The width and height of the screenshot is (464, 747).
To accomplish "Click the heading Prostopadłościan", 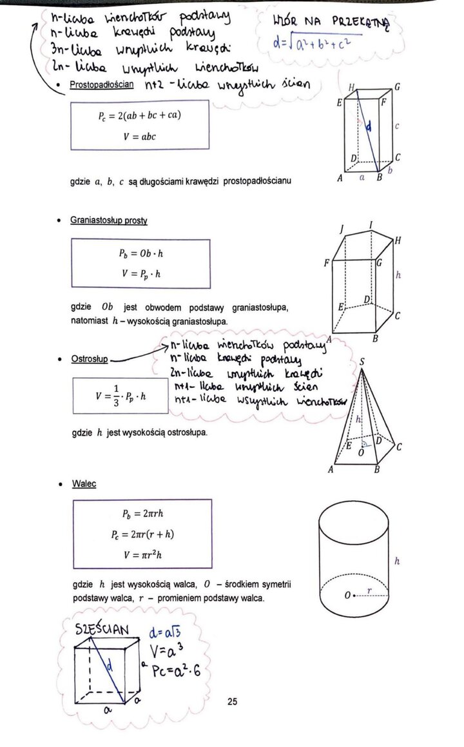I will tap(102, 84).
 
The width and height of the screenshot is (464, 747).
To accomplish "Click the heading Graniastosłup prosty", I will tap(109, 220).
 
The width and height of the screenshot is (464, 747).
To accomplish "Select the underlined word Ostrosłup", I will tap(90, 359).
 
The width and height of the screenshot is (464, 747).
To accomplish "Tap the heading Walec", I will tap(84, 483).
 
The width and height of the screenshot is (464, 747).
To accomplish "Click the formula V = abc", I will tap(140, 136).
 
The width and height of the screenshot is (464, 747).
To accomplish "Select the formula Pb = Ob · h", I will tap(140, 254).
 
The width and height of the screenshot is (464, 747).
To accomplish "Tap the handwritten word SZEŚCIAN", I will tap(102, 629).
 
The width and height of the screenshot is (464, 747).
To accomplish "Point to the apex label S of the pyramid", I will tap(362, 363).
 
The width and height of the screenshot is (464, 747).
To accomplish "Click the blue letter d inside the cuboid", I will tap(368, 128).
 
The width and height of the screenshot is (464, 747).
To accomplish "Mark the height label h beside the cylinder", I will tap(397, 561).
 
